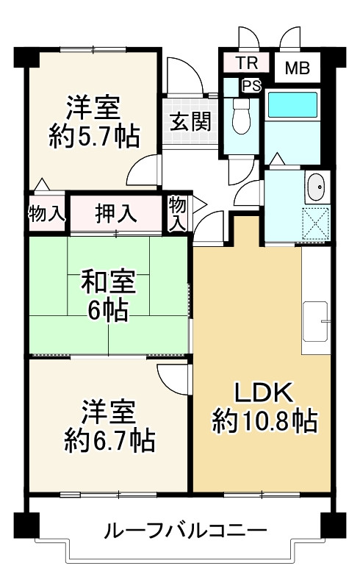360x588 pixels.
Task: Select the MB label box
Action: [297, 69]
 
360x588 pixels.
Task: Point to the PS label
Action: [251, 86]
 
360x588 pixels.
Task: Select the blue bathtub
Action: [291, 104]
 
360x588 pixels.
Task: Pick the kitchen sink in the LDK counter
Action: [317, 321]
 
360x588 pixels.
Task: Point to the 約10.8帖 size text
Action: [264, 421]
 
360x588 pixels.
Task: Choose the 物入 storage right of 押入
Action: [177, 214]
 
